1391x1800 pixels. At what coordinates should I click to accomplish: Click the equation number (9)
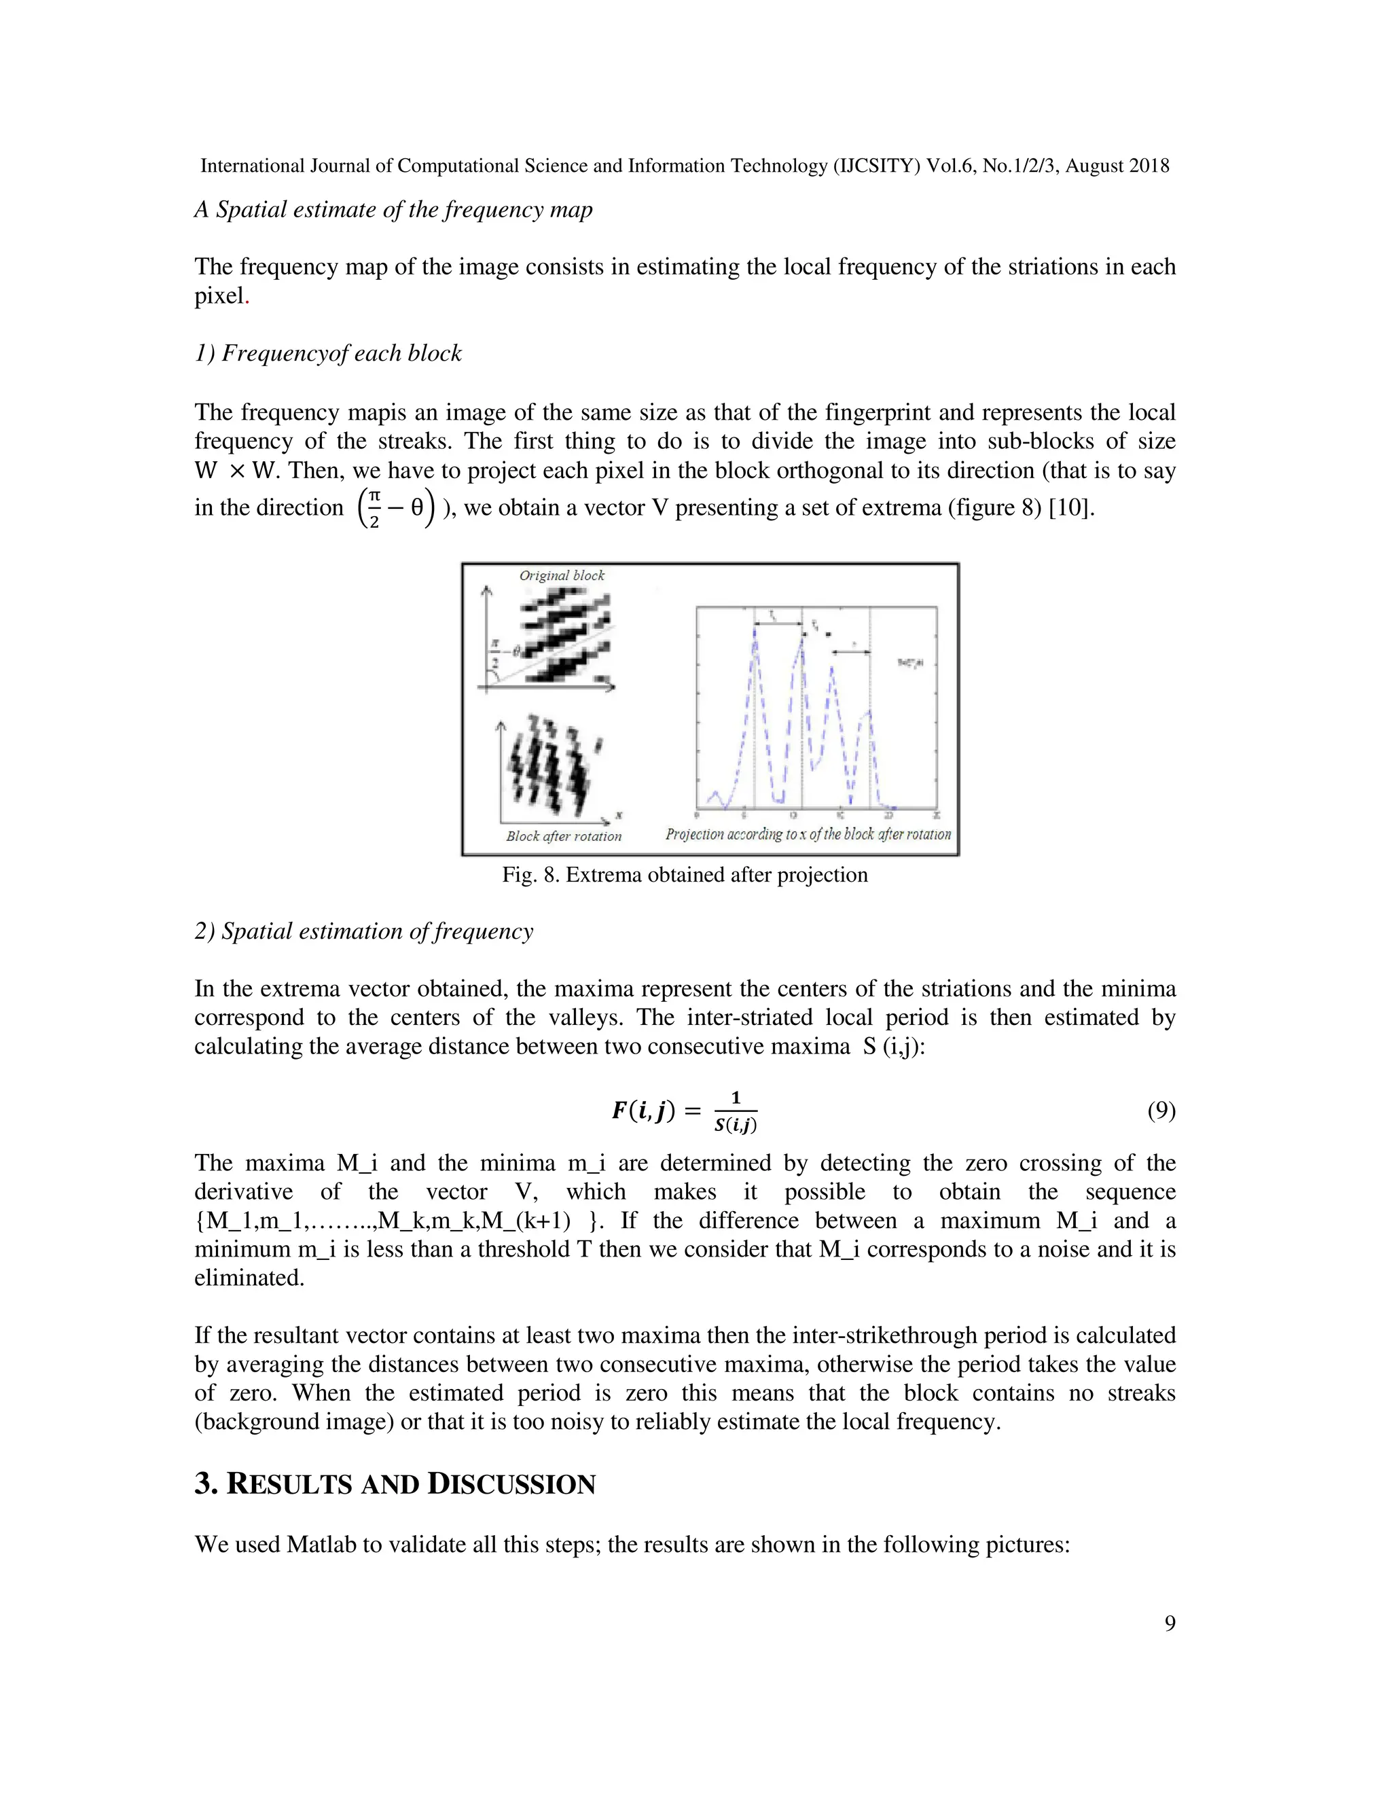coord(1161,1111)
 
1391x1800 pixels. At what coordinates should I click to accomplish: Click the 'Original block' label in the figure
coord(561,575)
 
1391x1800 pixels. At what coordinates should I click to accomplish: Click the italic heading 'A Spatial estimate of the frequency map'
coord(393,209)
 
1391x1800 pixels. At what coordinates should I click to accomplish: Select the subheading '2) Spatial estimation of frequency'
coord(363,931)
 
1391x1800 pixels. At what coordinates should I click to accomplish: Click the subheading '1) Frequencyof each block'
coord(328,354)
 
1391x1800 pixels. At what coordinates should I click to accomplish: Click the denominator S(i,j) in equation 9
coord(735,1124)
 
